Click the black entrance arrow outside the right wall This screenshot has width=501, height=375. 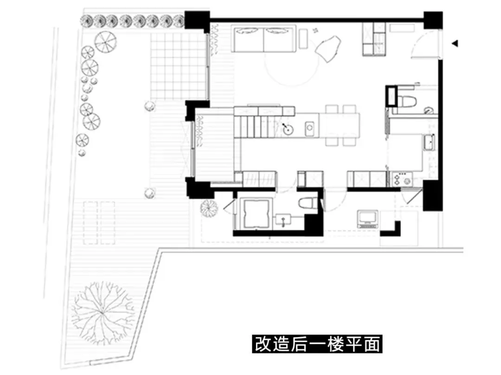click(x=455, y=44)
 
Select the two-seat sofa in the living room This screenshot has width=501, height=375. click(x=264, y=39)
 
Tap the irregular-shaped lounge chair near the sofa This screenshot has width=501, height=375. click(x=328, y=48)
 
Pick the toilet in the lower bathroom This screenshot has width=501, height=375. click(x=308, y=203)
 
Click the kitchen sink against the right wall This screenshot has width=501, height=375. click(x=430, y=142)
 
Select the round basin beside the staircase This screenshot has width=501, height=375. click(x=288, y=130)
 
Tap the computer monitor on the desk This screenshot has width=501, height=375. click(x=368, y=219)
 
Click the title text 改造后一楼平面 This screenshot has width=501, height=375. click(x=317, y=344)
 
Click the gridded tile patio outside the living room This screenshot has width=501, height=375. click(x=178, y=66)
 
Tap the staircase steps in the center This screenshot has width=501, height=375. click(x=254, y=126)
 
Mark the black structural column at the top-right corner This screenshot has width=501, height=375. click(x=433, y=20)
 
